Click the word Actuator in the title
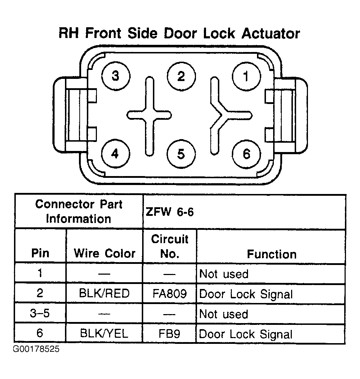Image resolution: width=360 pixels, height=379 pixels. point(271,33)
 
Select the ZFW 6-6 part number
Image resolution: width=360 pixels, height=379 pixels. point(170,212)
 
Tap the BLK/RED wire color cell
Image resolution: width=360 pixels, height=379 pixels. point(104,293)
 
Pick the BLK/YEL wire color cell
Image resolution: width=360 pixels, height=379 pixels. point(104,334)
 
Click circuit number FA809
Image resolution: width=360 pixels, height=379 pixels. point(170,294)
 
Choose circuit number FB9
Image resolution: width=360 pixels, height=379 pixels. point(169,334)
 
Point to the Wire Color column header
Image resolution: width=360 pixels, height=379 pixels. point(104,253)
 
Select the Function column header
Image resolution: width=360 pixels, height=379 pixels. point(272,254)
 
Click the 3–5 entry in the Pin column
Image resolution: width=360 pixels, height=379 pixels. point(40,313)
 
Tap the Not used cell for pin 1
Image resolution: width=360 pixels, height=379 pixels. point(224,274)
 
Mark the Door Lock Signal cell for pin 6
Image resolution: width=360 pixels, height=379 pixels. point(246,334)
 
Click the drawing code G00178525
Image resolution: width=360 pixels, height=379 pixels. point(36,349)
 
